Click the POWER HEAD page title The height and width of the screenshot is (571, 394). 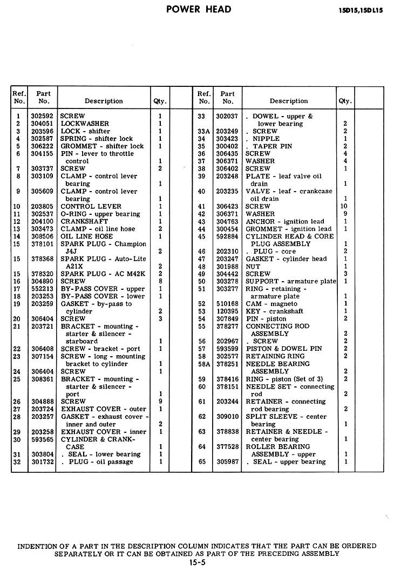[x=199, y=9]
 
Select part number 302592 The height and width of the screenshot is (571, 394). [x=44, y=116]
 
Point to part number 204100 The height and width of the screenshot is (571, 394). [x=44, y=221]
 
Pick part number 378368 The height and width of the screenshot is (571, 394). [x=44, y=259]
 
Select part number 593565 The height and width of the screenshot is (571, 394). [x=44, y=439]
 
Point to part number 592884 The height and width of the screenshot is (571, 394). [x=228, y=236]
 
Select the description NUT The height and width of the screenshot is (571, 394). [x=253, y=267]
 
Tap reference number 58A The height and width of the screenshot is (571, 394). [x=203, y=364]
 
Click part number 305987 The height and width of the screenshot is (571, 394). [x=228, y=462]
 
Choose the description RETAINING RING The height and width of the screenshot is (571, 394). [x=275, y=356]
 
